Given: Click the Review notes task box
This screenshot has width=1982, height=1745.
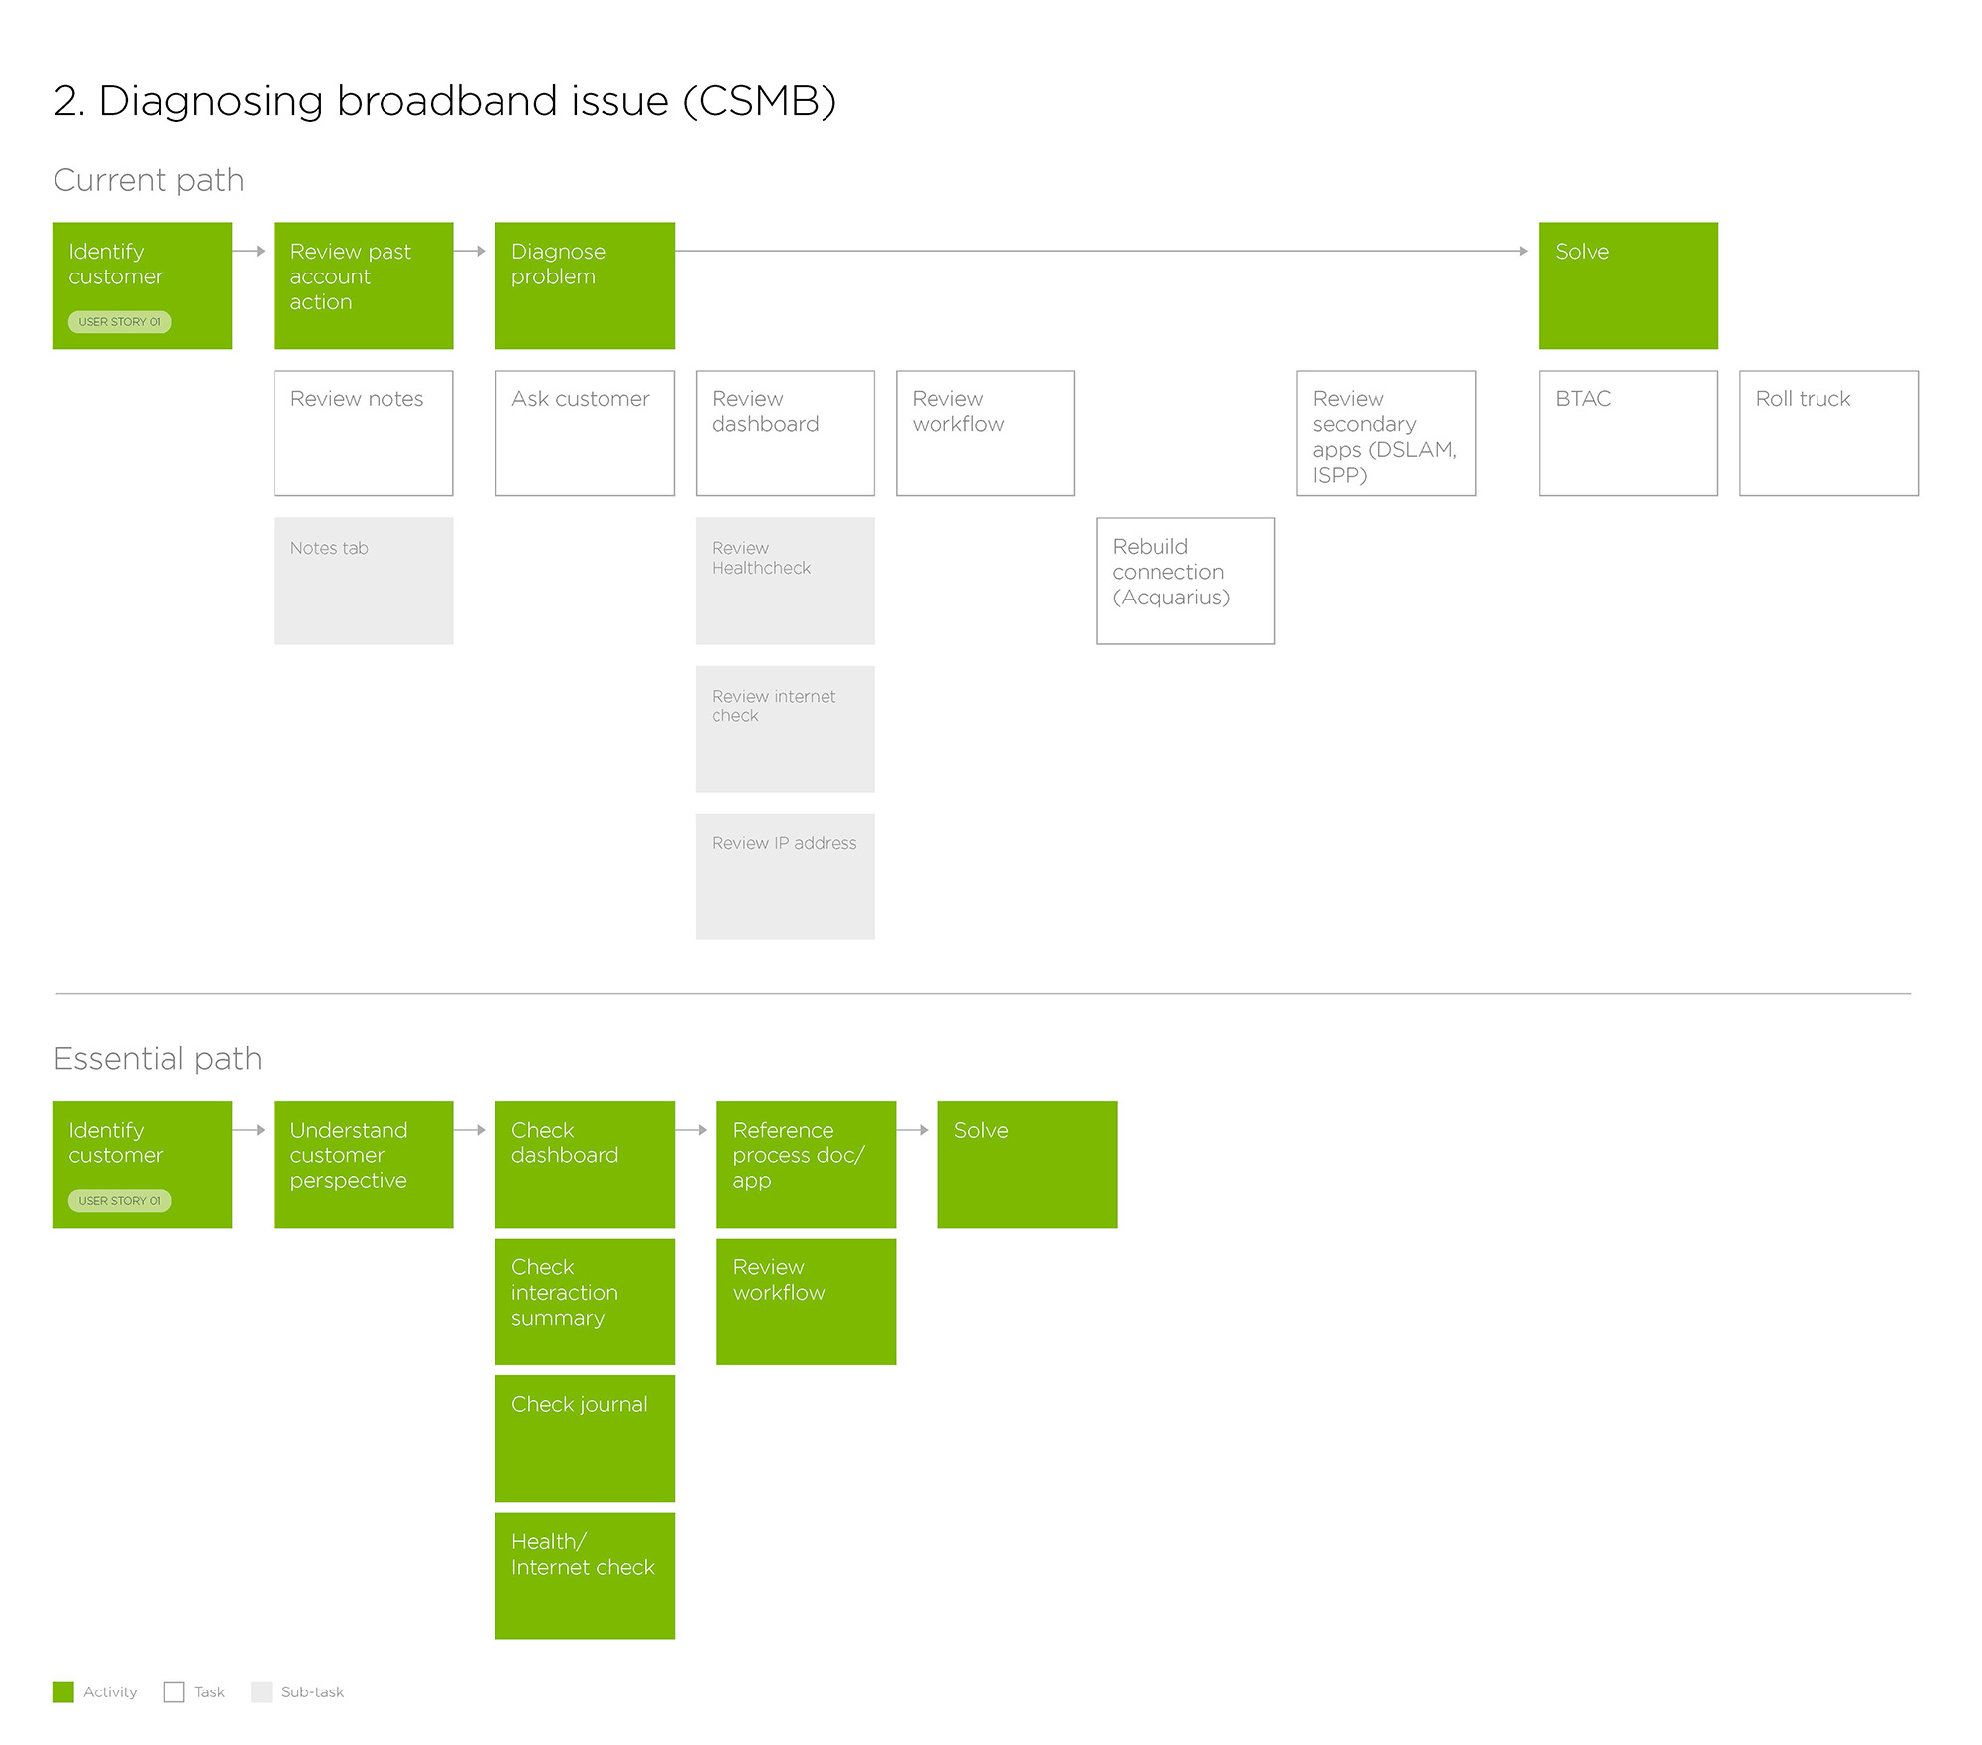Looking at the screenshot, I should (x=363, y=433).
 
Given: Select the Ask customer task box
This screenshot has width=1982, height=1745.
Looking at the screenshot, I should (x=585, y=433).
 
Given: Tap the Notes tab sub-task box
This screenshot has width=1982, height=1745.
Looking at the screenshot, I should (x=363, y=581).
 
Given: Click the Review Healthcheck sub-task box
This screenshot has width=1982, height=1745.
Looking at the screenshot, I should (x=785, y=581).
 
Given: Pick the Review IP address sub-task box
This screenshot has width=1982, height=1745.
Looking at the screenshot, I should (x=785, y=876).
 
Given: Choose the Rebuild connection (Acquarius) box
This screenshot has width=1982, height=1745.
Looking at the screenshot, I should (x=1185, y=581).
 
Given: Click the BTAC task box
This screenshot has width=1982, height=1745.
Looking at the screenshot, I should (x=1628, y=433).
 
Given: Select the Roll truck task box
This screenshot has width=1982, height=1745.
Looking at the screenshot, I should (x=1828, y=433).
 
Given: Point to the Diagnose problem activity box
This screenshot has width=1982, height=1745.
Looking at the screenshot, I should (x=585, y=285).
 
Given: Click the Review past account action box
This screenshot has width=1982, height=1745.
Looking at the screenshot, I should (x=363, y=285).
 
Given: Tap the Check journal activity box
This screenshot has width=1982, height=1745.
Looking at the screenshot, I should (x=585, y=1438).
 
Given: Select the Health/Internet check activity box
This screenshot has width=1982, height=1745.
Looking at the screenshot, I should (x=585, y=1575).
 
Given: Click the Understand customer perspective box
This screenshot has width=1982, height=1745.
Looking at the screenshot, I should (x=363, y=1164).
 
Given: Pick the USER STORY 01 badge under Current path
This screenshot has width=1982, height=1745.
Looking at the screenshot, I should (x=120, y=322).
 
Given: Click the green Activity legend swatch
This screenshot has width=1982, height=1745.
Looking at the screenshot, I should (x=63, y=1691).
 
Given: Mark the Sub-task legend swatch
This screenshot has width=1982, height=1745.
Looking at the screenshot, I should (x=262, y=1691).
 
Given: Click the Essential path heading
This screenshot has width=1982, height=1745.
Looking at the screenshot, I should (x=158, y=1059).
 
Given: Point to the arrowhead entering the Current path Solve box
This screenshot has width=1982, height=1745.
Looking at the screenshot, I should (x=1523, y=252).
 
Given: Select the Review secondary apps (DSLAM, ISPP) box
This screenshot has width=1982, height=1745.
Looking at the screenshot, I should (x=1385, y=433).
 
